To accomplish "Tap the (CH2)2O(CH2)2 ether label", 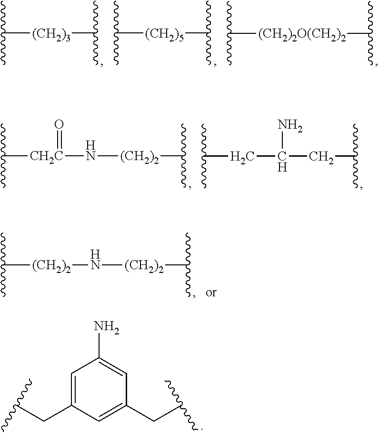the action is (303, 35).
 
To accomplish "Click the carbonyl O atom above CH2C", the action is (59, 125).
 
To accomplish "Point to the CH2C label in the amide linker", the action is (46, 157).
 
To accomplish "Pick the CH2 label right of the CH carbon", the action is (321, 157).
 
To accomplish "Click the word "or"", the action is (211, 293).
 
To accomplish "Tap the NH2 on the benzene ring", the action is (106, 327).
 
